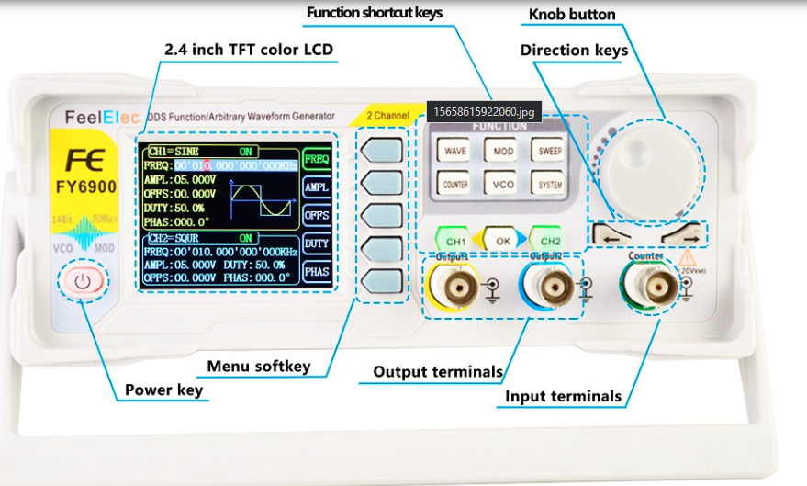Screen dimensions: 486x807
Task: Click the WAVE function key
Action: pyautogui.click(x=454, y=150)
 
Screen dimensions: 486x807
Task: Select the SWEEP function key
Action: pyautogui.click(x=550, y=150)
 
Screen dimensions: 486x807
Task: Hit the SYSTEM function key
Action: pyautogui.click(x=550, y=184)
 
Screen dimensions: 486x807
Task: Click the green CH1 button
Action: pyautogui.click(x=455, y=240)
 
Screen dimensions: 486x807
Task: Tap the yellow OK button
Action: pyautogui.click(x=502, y=240)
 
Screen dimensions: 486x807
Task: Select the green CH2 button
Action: pyautogui.click(x=549, y=240)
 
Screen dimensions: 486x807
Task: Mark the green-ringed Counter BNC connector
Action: pyautogui.click(x=653, y=288)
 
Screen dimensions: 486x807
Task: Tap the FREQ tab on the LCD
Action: pyautogui.click(x=317, y=159)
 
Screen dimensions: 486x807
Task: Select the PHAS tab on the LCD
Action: pyautogui.click(x=317, y=272)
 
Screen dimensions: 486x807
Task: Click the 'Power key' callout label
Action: pyautogui.click(x=164, y=390)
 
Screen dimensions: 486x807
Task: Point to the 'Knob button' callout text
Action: pyautogui.click(x=572, y=15)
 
